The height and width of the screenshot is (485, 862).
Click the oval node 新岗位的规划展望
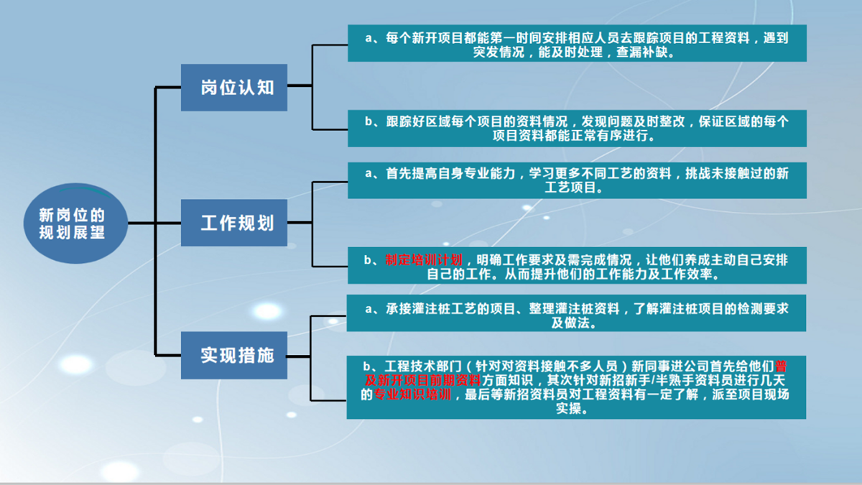(76, 223)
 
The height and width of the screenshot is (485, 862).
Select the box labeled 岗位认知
(234, 88)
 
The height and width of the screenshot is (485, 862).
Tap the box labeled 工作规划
(234, 223)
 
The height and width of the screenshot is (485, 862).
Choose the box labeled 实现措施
(234, 355)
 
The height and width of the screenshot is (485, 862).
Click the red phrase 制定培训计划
(424, 260)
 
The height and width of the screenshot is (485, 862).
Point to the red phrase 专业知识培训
(412, 394)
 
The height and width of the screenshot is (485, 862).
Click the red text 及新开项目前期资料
(423, 380)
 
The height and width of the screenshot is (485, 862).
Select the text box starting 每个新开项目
(577, 43)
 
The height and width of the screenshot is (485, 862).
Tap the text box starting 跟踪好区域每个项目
(577, 128)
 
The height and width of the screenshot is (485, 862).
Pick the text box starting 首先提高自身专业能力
(577, 180)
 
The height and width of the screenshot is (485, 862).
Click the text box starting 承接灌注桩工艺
(576, 313)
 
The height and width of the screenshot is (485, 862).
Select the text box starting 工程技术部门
(576, 387)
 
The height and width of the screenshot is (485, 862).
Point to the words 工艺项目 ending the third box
(570, 188)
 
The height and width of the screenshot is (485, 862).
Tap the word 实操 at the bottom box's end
(568, 408)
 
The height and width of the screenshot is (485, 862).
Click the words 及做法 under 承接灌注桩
(570, 323)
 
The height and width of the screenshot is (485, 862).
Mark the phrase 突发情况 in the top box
(499, 52)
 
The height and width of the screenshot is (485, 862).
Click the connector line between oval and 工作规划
(154, 223)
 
